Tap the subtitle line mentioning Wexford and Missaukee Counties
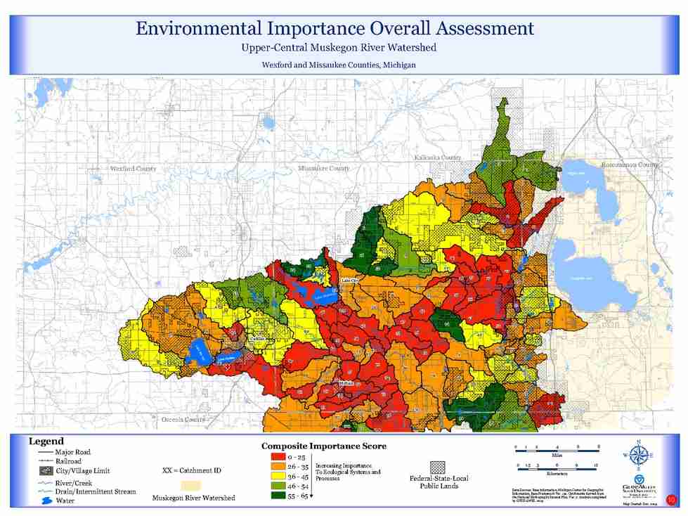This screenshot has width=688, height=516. click(339, 64)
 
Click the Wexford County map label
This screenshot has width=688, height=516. click(134, 169)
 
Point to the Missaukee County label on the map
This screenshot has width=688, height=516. click(324, 169)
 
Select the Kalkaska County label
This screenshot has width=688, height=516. click(438, 157)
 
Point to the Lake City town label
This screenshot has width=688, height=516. click(350, 280)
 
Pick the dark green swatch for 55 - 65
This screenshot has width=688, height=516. click(277, 496)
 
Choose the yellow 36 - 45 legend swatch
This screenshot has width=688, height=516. click(277, 476)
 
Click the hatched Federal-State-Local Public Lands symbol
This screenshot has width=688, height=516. click(439, 467)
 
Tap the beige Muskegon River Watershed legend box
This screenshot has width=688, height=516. click(190, 486)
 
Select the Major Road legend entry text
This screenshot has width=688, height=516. click(72, 452)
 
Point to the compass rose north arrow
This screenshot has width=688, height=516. click(638, 456)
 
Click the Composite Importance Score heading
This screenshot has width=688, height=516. click(324, 446)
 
